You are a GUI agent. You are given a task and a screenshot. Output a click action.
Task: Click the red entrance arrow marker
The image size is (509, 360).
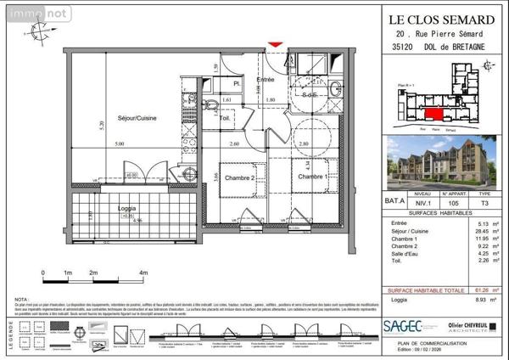[273, 45]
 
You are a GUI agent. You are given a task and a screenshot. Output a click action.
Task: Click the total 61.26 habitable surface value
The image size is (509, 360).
[480, 289]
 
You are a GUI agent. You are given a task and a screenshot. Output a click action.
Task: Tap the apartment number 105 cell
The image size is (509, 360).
[452, 204]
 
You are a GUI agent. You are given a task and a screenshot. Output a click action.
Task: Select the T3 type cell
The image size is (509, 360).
[484, 204]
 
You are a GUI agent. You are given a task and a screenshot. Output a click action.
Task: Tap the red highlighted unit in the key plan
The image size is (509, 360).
[433, 116]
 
